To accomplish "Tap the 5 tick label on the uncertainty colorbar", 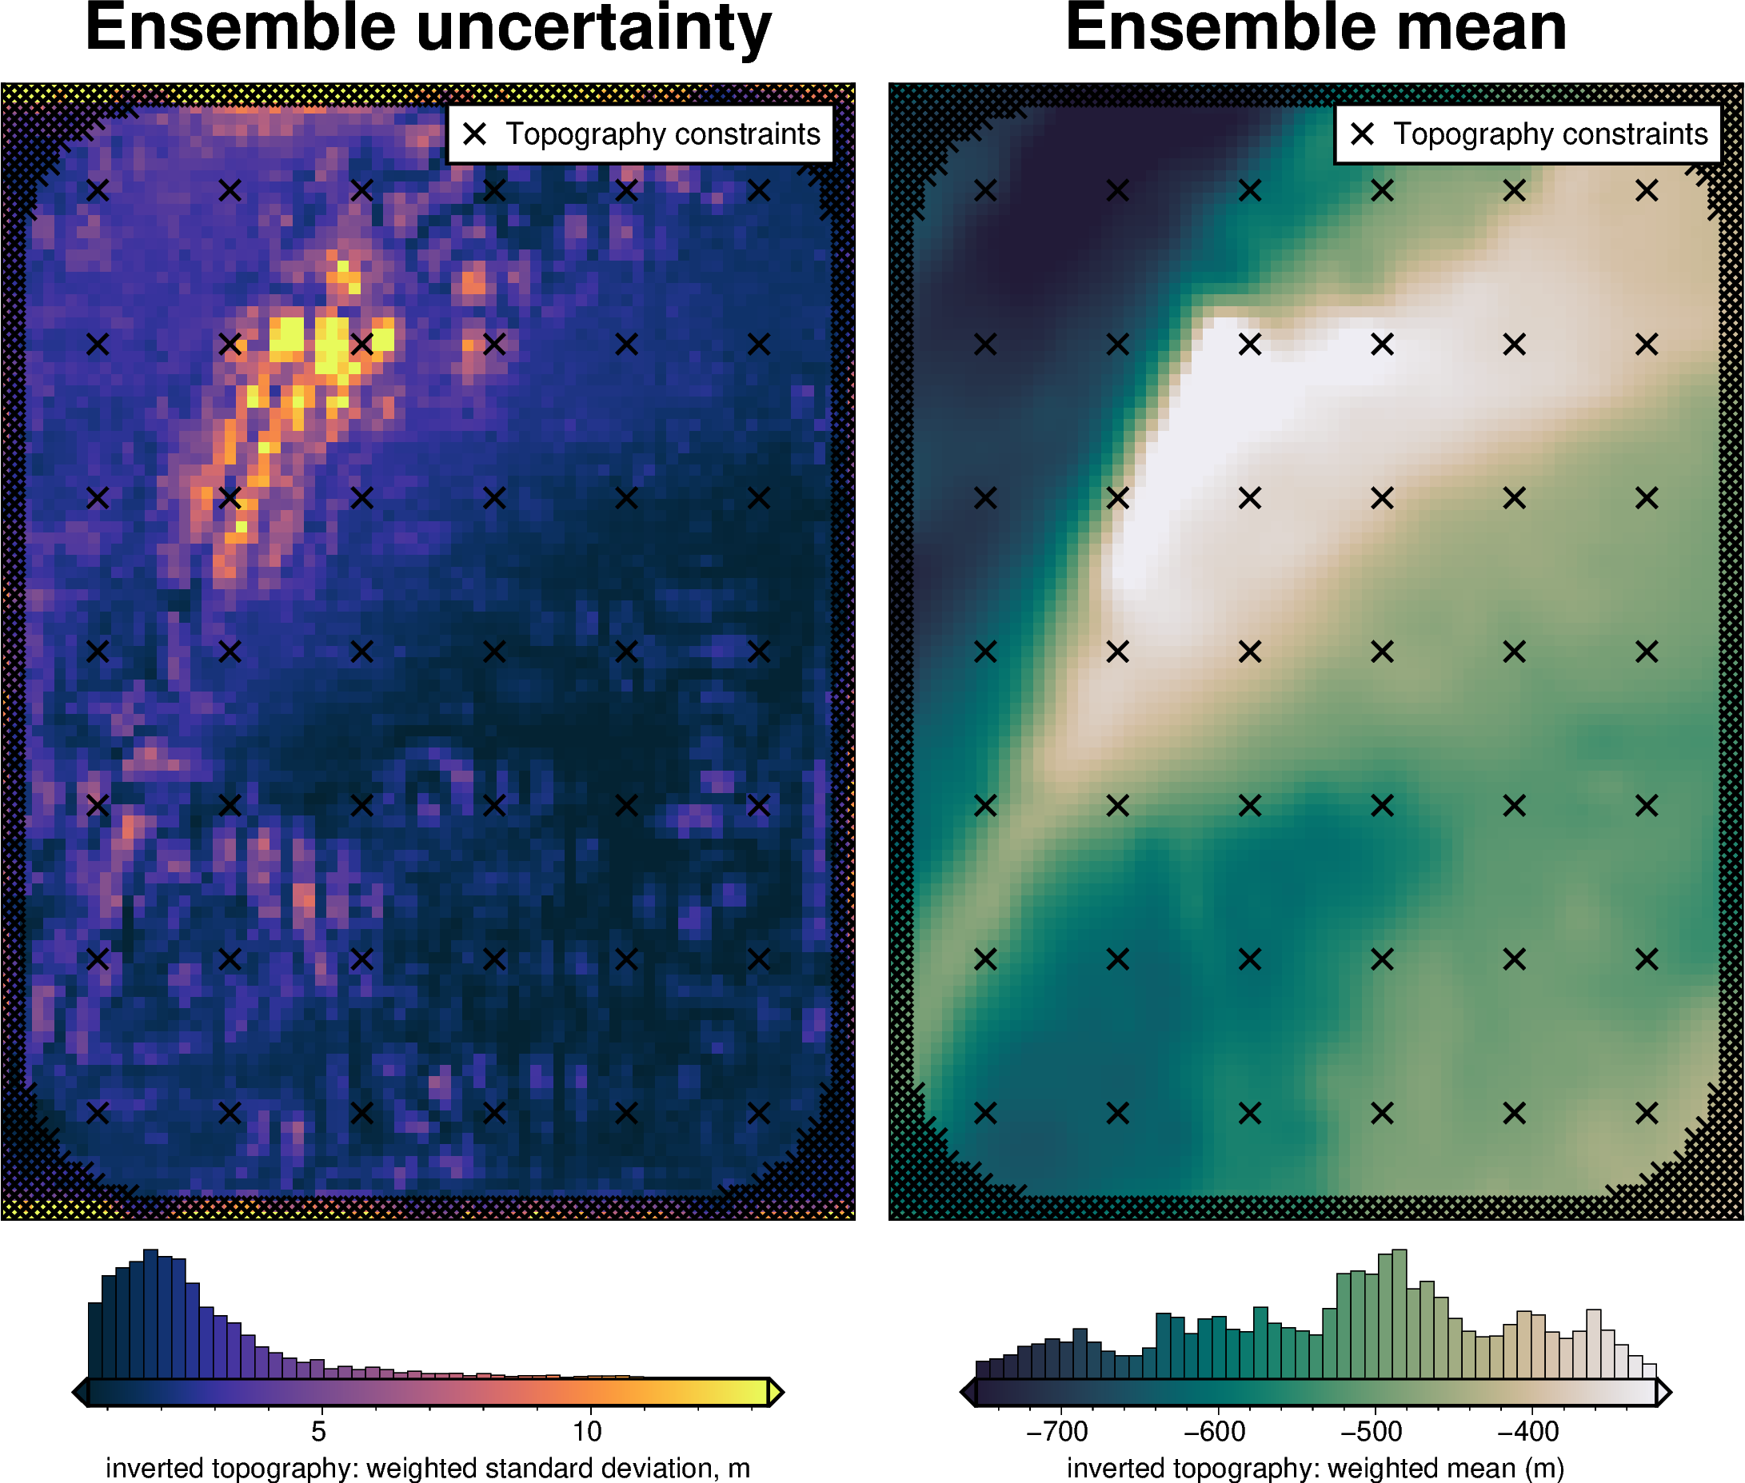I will (x=317, y=1430).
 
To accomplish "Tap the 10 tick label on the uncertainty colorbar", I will (x=587, y=1430).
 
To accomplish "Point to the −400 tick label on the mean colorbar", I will (x=1528, y=1430).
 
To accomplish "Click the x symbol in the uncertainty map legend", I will (x=475, y=134).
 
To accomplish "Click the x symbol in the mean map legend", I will (x=1363, y=134).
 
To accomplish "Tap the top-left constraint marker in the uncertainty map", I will (x=98, y=191).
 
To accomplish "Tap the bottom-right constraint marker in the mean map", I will (x=1647, y=1113).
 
